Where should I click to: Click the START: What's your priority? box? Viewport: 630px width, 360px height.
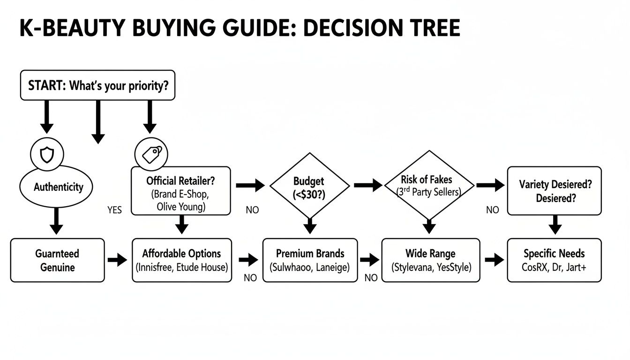[x=97, y=85]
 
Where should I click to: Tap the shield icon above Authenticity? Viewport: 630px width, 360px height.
[x=46, y=153]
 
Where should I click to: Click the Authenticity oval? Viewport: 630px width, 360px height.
[x=56, y=187]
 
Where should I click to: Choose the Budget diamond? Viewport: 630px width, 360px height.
[x=309, y=186]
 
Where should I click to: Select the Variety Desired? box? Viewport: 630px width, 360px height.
[x=554, y=191]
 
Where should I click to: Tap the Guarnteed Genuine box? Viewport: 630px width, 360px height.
[x=57, y=260]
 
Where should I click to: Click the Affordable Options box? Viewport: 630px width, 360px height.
[x=181, y=260]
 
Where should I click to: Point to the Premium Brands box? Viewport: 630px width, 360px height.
[x=310, y=260]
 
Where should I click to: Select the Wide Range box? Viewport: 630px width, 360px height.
[x=430, y=260]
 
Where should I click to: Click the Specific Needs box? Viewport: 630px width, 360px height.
[x=554, y=260]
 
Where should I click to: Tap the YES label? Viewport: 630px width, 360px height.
[x=114, y=210]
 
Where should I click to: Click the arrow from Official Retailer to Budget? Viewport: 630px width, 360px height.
[x=250, y=186]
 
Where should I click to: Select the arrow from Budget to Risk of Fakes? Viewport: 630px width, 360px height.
[x=367, y=186]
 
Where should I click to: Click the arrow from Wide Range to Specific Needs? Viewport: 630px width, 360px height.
[x=493, y=260]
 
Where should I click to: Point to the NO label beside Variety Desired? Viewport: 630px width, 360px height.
[x=492, y=210]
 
